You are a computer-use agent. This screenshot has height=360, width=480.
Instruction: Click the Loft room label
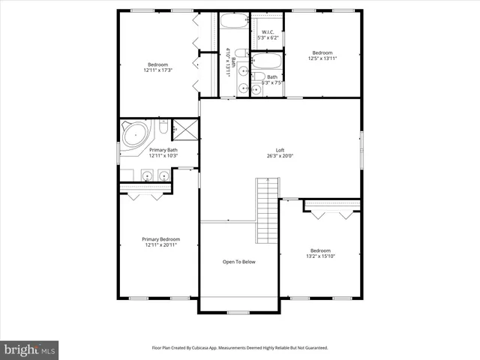tap(279, 150)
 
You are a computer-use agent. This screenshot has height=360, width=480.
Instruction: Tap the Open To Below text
tap(239, 262)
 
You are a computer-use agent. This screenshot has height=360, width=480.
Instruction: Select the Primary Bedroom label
tap(160, 239)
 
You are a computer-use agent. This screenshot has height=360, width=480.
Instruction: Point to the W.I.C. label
tap(267, 32)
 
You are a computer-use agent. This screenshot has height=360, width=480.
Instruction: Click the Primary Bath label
tap(163, 150)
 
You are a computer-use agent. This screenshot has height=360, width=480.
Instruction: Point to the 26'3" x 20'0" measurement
tap(279, 156)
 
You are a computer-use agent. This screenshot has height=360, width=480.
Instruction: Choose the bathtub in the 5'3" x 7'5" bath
tap(267, 60)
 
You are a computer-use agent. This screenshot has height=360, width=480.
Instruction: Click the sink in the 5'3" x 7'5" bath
tap(256, 87)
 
